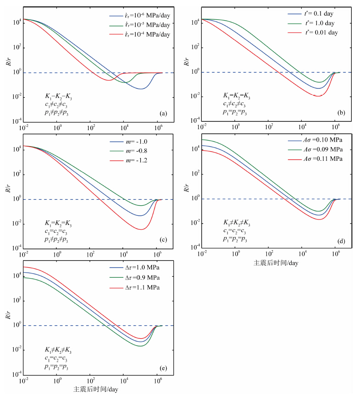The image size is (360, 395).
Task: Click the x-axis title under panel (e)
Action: tap(96, 390)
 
